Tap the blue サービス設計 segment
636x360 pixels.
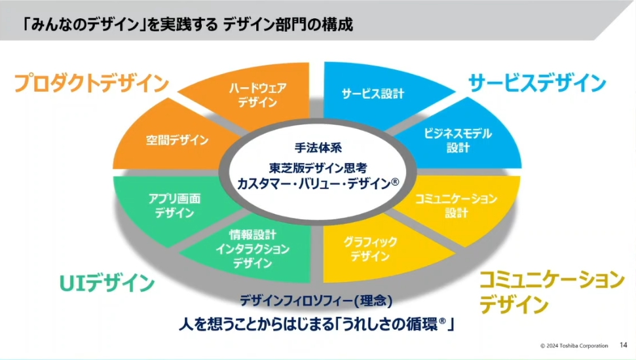373,94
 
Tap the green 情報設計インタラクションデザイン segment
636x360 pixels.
252,249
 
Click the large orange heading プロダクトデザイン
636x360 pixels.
92,84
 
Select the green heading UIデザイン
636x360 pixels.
107,283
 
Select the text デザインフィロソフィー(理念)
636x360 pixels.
316,302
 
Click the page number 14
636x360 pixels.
623,345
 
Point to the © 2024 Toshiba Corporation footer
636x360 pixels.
574,346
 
